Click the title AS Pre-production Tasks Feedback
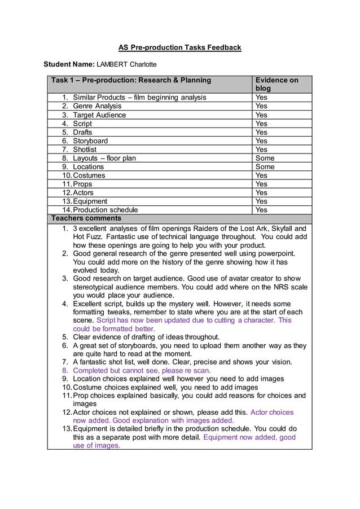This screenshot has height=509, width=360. [x=179, y=47]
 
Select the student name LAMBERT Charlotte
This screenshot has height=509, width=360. [x=126, y=64]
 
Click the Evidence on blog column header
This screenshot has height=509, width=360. [x=276, y=84]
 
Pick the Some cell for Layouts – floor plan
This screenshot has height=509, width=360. [x=265, y=158]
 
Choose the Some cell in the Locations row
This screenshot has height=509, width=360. [x=265, y=166]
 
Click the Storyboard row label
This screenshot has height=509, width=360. [x=90, y=141]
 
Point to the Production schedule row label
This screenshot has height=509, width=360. [x=104, y=210]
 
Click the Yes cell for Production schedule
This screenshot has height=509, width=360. [x=261, y=210]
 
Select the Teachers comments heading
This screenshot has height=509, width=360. [x=86, y=218]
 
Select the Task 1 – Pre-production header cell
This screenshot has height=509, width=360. [x=131, y=80]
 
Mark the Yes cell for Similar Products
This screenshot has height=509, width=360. [x=261, y=97]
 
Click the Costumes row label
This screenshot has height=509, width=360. [x=89, y=175]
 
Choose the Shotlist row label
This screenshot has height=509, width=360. [x=85, y=150]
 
